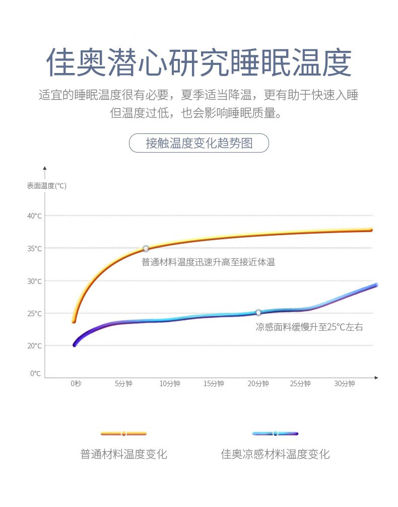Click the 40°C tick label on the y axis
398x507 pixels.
click(x=35, y=216)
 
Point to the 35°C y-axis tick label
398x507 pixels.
click(x=35, y=248)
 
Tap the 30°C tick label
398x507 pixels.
click(x=35, y=281)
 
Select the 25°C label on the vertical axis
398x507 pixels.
click(x=35, y=313)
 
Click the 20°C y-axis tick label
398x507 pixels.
click(x=35, y=345)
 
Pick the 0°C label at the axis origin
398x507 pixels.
click(x=35, y=373)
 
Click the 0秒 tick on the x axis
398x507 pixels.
click(x=76, y=384)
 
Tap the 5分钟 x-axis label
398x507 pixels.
click(x=123, y=384)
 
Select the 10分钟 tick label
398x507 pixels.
click(x=169, y=384)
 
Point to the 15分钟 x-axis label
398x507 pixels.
click(x=214, y=384)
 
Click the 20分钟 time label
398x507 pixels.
click(x=258, y=384)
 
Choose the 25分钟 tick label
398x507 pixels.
click(x=300, y=384)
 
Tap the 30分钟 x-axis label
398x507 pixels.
click(x=345, y=384)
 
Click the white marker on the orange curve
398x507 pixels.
click(x=146, y=248)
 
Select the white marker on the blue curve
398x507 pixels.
click(x=258, y=312)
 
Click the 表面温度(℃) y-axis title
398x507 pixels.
click(x=47, y=186)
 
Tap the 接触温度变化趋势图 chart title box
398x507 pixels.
click(x=199, y=143)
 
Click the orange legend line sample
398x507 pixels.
click(x=123, y=433)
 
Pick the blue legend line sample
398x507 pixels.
click(x=275, y=433)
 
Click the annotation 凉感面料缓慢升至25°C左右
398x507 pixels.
click(x=309, y=327)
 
